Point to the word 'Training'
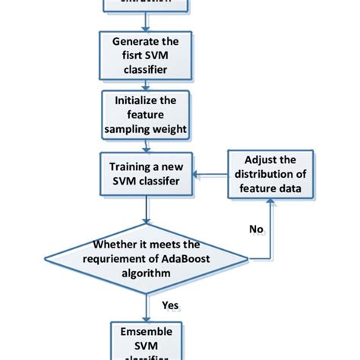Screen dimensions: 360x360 tap(128, 166)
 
